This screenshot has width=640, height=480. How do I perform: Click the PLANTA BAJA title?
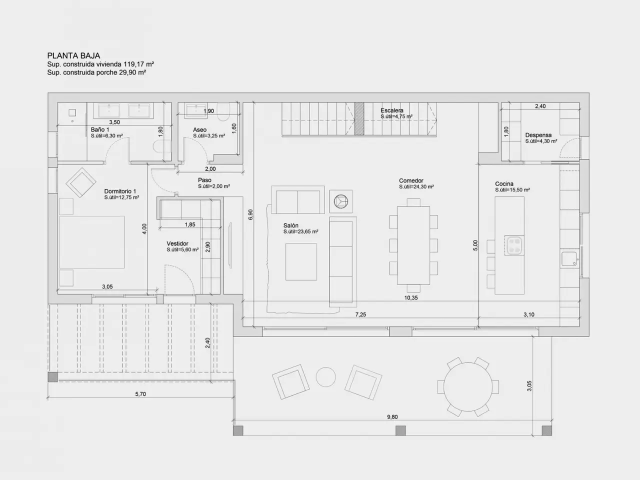tap(73, 55)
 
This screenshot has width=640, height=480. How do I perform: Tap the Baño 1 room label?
tap(99, 129)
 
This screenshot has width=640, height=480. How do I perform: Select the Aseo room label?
tap(199, 129)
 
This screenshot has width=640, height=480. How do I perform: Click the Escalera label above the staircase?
tap(392, 110)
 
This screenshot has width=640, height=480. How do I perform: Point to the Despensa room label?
tap(538, 135)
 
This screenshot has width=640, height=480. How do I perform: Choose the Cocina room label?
tap(504, 183)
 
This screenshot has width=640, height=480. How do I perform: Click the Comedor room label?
tap(411, 180)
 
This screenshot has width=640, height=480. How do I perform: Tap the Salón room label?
tap(290, 225)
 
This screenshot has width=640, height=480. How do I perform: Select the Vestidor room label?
tap(177, 243)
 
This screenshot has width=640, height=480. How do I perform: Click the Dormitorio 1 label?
tap(120, 191)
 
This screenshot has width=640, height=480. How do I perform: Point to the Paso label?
tap(204, 180)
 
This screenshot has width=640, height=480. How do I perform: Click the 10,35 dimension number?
tap(411, 298)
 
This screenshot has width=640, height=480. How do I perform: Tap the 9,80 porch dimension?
tap(392, 417)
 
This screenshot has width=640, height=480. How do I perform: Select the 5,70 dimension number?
tap(140, 394)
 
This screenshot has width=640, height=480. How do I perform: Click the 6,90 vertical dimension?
tap(251, 214)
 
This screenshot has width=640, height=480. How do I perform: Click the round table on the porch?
tap(468, 386)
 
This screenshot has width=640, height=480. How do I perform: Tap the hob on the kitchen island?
tap(514, 245)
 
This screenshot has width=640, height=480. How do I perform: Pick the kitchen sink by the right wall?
tap(569, 259)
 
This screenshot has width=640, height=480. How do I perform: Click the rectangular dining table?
tap(413, 245)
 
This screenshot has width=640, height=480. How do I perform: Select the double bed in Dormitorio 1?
tap(91, 242)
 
